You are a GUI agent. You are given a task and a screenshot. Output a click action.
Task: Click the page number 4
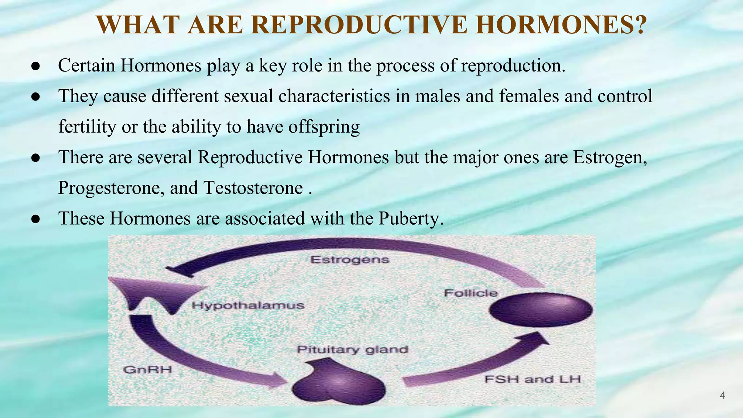click(x=722, y=396)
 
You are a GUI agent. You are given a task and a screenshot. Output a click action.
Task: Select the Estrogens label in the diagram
click(x=350, y=260)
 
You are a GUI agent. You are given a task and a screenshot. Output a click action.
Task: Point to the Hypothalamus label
click(x=248, y=306)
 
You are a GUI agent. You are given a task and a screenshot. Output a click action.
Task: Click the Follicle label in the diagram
click(x=471, y=293)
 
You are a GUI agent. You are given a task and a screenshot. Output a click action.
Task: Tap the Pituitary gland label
click(x=352, y=350)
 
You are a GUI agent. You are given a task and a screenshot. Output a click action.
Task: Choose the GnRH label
click(x=147, y=370)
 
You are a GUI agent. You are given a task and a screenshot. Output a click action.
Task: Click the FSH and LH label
click(x=533, y=380)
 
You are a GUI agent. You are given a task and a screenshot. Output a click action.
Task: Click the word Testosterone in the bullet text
click(x=253, y=188)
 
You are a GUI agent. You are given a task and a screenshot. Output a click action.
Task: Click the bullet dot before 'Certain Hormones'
click(x=35, y=66)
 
